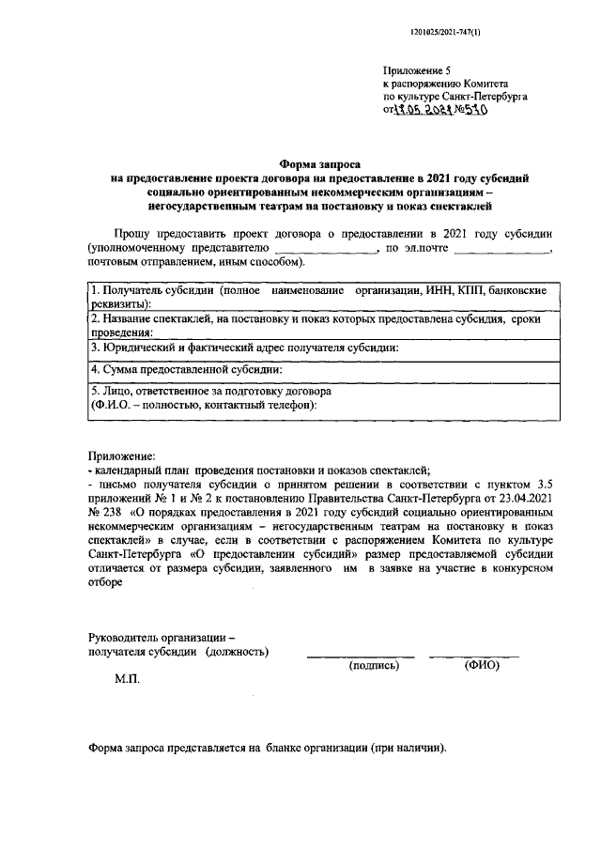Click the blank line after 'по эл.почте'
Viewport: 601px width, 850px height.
pyautogui.click(x=501, y=249)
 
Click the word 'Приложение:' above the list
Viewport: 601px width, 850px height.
pyautogui.click(x=120, y=455)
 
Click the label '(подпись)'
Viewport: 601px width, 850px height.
pyautogui.click(x=374, y=665)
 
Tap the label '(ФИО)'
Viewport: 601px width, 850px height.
pyautogui.click(x=483, y=665)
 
